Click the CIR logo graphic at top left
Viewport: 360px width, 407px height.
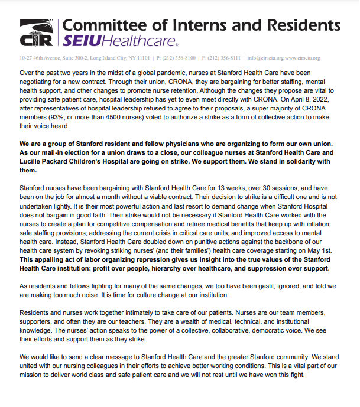[x=37, y=33]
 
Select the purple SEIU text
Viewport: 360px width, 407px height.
[x=83, y=41]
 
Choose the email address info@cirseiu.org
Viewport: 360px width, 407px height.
[x=266, y=58]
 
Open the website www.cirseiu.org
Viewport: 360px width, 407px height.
[x=303, y=58]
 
